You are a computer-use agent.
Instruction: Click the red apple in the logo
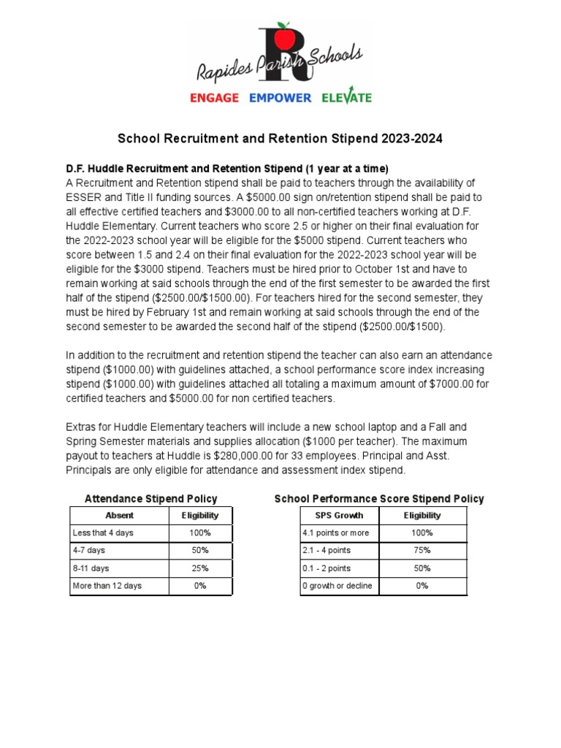[286, 36]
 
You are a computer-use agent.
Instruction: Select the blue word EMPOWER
[280, 98]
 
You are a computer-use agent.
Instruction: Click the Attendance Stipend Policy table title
[151, 499]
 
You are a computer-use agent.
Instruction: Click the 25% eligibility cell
[200, 568]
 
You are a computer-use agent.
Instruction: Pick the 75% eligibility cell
[422, 551]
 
